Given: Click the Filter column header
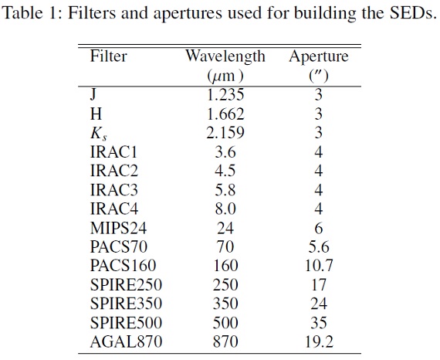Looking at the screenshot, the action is point(109,56).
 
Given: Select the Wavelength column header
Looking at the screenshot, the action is point(225,57).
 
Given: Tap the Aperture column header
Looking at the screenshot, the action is point(319,57).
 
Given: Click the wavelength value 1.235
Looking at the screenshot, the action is point(225,94).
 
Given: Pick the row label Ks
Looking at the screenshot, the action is point(99,134).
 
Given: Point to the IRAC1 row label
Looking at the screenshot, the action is point(114,152).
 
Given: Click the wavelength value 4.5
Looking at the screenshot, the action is point(225,171).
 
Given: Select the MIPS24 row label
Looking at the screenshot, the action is point(118,228).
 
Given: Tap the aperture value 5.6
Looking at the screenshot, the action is point(319,247).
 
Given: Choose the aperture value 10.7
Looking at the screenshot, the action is point(319,266).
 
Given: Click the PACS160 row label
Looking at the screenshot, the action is point(123,266).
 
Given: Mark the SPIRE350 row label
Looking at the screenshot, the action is point(126,304).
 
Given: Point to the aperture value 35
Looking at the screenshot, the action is point(319,323).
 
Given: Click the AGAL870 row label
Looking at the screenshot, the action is point(127,341).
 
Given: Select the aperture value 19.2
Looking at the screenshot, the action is point(319,341).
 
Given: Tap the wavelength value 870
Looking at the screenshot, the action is point(225,341).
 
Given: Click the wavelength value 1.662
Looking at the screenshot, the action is point(225,114).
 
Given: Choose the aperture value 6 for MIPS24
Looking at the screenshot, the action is point(319,228).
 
